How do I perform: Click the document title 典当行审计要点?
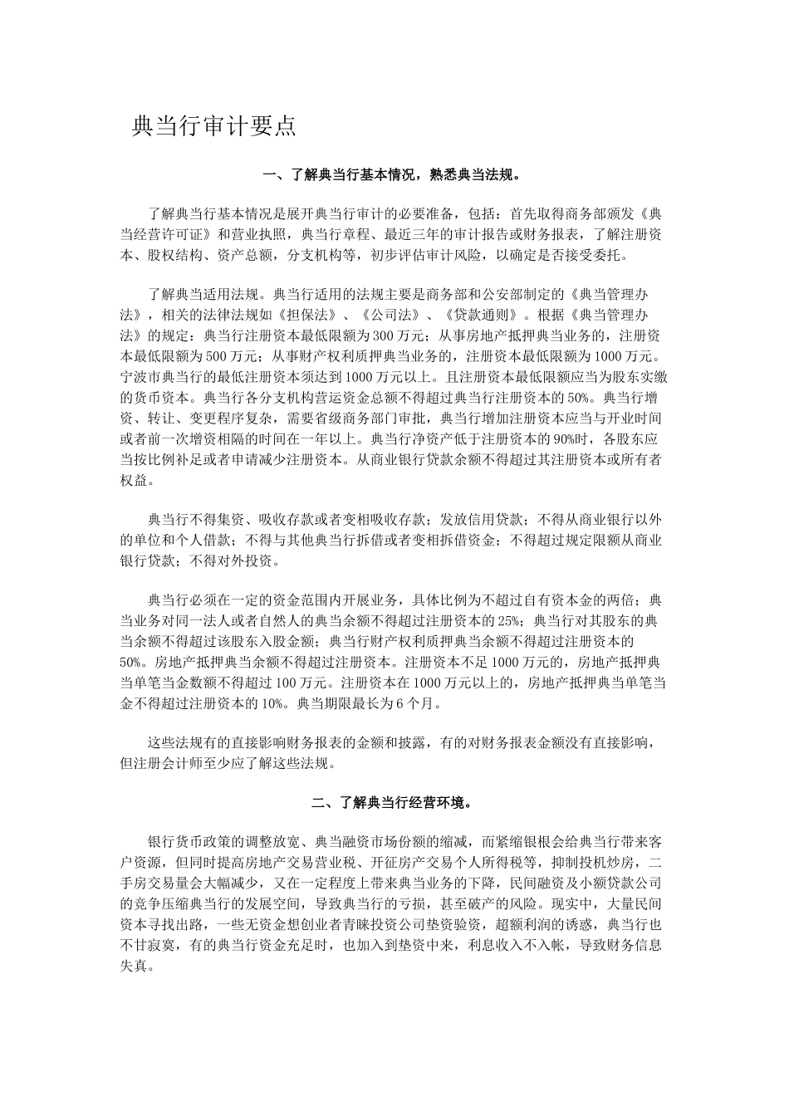click(x=214, y=126)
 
